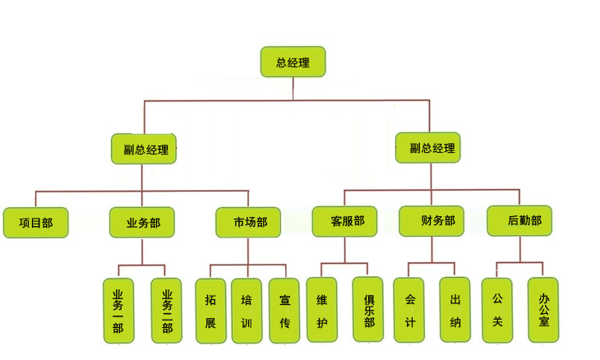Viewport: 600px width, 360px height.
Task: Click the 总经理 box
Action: [293, 62]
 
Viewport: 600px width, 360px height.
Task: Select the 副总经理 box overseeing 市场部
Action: [145, 149]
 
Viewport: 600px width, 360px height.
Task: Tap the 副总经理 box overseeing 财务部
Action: [427, 148]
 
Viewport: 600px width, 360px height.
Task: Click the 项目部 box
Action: [35, 222]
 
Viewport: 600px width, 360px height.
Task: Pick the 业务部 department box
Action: [142, 222]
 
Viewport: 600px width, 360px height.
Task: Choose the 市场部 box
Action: [248, 222]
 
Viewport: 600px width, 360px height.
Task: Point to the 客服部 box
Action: [344, 221]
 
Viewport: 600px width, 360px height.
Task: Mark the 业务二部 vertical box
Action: [167, 310]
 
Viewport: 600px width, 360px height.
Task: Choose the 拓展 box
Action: [210, 311]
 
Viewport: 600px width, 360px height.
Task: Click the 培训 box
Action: [247, 311]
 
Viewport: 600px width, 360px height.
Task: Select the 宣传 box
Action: [284, 311]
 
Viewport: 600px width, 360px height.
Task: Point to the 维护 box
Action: [321, 310]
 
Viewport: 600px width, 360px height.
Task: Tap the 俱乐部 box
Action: [368, 309]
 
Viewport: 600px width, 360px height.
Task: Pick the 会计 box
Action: [409, 309]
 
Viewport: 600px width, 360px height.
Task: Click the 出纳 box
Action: [455, 309]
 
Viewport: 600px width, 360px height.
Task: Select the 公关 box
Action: [497, 308]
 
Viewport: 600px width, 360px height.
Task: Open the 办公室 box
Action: [543, 308]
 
